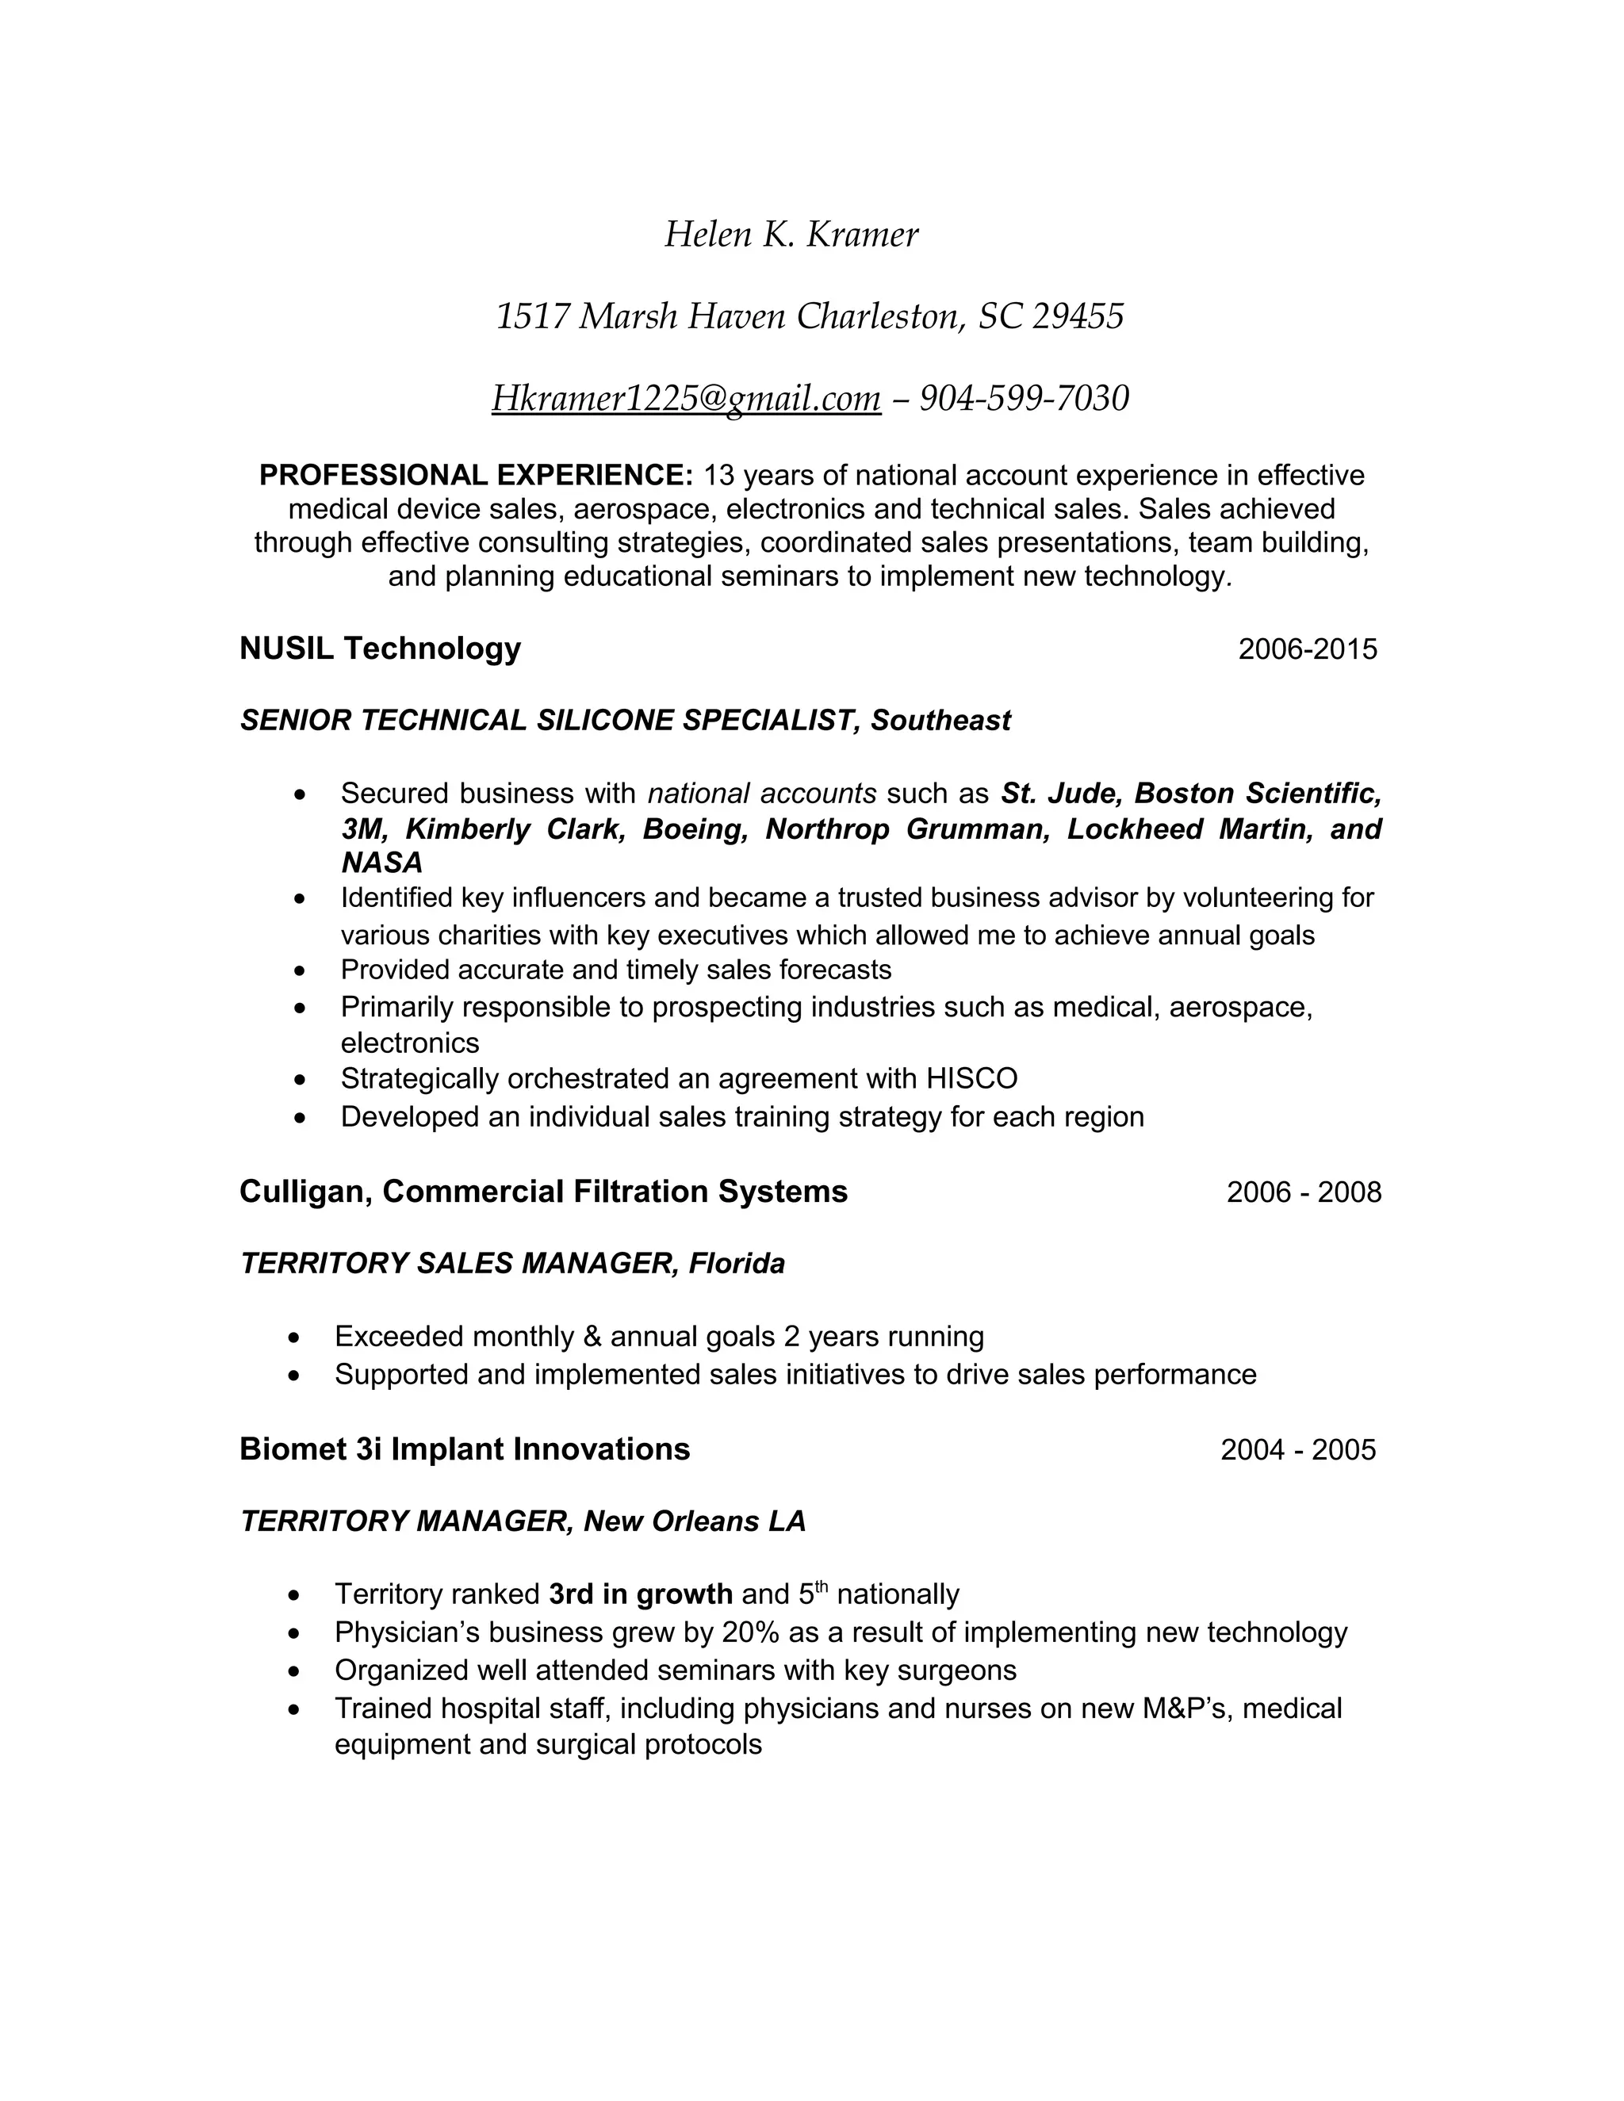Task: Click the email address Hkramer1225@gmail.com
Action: click(686, 398)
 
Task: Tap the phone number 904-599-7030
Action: click(1024, 398)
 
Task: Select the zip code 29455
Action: click(1078, 316)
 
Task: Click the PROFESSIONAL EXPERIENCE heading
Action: click(475, 475)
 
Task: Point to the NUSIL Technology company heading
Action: click(380, 649)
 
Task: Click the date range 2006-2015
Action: click(1308, 649)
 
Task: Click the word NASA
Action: click(382, 862)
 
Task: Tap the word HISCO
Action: click(971, 1078)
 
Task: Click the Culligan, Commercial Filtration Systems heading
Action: click(543, 1192)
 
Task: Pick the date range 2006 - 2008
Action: click(1304, 1193)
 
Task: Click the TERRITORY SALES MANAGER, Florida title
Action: click(511, 1263)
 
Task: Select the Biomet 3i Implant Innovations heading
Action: click(465, 1450)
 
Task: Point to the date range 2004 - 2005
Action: click(1298, 1450)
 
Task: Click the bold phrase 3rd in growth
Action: click(641, 1595)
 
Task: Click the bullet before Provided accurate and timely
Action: click(301, 970)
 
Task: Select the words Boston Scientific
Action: click(1258, 794)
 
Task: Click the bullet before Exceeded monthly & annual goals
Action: click(294, 1338)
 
